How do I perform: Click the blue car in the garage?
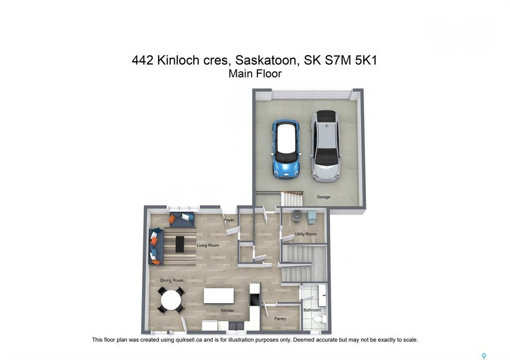[286, 149]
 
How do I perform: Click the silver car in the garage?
[325, 145]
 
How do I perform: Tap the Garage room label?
[323, 197]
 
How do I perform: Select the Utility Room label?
[305, 234]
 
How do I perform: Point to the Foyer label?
[229, 220]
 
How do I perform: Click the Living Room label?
[208, 245]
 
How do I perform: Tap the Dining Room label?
[171, 281]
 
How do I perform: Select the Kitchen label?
[228, 311]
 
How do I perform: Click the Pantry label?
[280, 319]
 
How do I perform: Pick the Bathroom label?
[312, 310]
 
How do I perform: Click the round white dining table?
[171, 300]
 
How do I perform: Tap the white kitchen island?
[219, 296]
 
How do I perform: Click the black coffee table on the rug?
[179, 244]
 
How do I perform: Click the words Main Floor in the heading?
[255, 74]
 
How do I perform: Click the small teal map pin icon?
[484, 356]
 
